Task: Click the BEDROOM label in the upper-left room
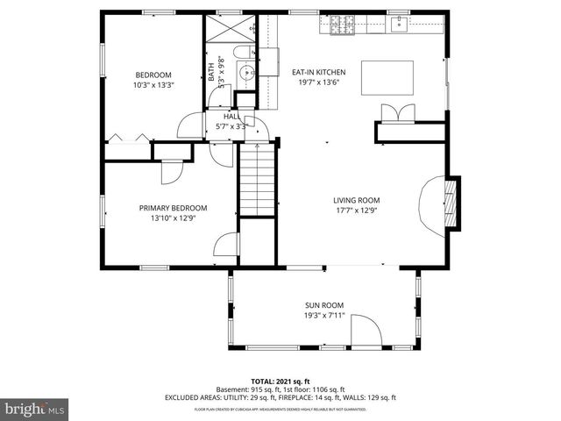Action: point(153,75)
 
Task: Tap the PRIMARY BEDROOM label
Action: point(173,208)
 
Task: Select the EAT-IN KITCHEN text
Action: point(319,72)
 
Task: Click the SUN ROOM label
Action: point(323,304)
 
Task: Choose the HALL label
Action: point(231,116)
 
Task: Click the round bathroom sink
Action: point(247,72)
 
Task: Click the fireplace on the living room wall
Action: point(450,203)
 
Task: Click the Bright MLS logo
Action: point(34,409)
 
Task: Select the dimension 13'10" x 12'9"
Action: point(173,218)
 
